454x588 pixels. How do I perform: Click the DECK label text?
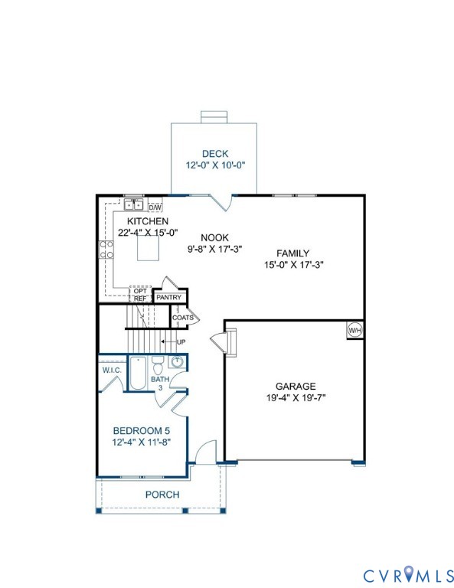[215, 154]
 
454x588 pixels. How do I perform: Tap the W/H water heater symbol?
[355, 330]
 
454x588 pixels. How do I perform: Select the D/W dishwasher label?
[155, 207]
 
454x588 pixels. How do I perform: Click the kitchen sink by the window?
[134, 204]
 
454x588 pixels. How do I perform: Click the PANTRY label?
[168, 298]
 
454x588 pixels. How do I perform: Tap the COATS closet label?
[182, 317]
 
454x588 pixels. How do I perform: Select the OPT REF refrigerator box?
[140, 296]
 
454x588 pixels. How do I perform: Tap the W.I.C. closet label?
[113, 371]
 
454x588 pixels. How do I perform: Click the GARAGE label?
[295, 387]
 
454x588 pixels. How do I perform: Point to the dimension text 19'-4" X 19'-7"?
[295, 398]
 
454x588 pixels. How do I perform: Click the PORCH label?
[162, 495]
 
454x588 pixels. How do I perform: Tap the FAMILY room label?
[292, 253]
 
